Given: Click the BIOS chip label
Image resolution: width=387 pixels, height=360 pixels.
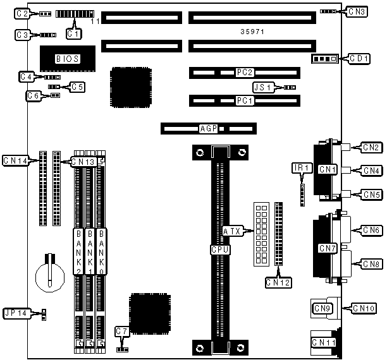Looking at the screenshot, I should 67,59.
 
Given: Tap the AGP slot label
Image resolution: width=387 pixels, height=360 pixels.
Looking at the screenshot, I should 209,129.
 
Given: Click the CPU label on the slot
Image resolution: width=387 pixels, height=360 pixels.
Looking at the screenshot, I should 219,249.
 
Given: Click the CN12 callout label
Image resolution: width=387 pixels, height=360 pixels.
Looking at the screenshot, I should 278,282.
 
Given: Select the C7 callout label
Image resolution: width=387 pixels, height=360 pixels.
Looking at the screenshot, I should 122,331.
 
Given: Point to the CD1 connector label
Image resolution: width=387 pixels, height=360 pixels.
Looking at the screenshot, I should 359,59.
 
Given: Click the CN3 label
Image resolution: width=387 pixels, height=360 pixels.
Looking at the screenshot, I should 357,11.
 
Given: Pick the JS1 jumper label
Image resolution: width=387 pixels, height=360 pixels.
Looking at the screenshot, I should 262,87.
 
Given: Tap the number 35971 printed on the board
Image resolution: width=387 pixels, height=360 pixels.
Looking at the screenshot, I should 252,31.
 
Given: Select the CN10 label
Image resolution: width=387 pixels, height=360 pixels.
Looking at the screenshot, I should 368,308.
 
